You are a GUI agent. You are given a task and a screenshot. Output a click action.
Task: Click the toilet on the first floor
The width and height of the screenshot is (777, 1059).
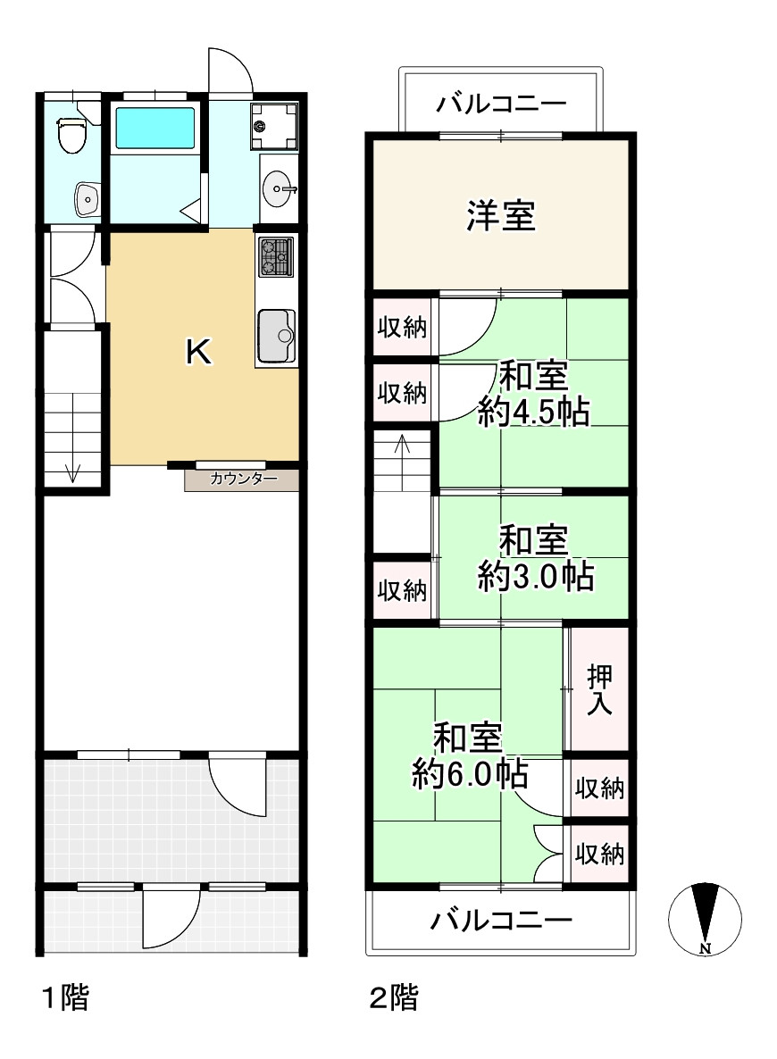(71, 136)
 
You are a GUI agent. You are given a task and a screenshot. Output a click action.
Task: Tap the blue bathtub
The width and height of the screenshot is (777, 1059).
(155, 128)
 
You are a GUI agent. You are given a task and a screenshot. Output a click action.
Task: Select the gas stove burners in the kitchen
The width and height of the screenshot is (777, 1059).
(276, 256)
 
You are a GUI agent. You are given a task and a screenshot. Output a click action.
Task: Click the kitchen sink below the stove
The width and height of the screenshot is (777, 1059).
(277, 336)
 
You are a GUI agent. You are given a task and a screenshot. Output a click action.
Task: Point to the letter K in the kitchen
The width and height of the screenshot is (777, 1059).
(198, 351)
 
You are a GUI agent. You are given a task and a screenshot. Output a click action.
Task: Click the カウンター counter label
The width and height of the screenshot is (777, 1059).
(243, 479)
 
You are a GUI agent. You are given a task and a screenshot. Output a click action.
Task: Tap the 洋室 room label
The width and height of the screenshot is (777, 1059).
(501, 215)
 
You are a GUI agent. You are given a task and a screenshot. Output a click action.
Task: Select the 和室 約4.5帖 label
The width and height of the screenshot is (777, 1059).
(533, 395)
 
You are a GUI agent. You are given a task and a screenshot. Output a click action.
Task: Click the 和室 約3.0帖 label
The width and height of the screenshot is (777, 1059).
(536, 559)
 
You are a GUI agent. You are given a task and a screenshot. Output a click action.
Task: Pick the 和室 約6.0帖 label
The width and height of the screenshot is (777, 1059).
(470, 755)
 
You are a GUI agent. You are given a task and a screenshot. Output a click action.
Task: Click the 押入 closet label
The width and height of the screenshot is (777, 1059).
(599, 689)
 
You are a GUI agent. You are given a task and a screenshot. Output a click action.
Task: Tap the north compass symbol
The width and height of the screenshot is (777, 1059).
(705, 919)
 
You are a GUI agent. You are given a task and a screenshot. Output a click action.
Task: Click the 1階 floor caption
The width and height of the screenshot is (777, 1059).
(65, 997)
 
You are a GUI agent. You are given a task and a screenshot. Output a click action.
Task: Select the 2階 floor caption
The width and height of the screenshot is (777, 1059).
(393, 997)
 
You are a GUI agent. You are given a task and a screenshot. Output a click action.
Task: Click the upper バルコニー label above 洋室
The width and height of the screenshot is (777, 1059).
(501, 104)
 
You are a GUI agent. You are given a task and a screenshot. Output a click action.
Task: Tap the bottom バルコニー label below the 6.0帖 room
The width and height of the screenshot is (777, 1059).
(501, 920)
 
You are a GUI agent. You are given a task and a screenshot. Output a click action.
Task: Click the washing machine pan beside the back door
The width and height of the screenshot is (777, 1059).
(274, 126)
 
